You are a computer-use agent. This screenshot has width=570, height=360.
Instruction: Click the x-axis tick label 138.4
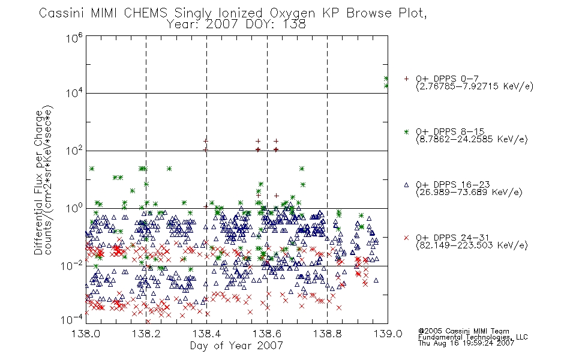pos(206,334)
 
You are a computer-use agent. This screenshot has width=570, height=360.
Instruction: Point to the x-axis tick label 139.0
pos(388,334)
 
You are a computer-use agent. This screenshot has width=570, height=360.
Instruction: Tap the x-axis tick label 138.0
pos(86,334)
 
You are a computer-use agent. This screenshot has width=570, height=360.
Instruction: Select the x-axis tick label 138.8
pos(328,334)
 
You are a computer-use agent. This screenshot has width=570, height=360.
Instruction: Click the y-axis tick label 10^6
pos(74,38)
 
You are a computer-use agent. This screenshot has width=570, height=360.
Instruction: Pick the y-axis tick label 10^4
pos(74,94)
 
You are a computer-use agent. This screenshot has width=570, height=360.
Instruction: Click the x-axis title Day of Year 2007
pos(236,346)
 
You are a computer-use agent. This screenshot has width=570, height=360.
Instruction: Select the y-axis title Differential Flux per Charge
pos(38,182)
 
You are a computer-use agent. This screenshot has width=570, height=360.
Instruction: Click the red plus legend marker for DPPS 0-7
pos(406,79)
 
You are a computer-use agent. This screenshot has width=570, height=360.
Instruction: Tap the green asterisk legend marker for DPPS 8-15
pos(406,131)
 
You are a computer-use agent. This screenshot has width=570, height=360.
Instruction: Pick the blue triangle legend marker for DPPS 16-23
pos(406,185)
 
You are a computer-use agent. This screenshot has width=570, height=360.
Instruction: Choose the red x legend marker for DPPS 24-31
pos(406,238)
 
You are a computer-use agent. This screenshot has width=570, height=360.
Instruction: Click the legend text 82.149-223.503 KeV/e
pos(472,245)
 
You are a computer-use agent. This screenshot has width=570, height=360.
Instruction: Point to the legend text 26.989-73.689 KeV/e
pos(469,193)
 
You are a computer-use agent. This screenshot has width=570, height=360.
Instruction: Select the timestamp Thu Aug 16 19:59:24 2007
pos(466,343)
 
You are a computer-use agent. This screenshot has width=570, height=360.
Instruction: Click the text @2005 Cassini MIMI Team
pos(463,331)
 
